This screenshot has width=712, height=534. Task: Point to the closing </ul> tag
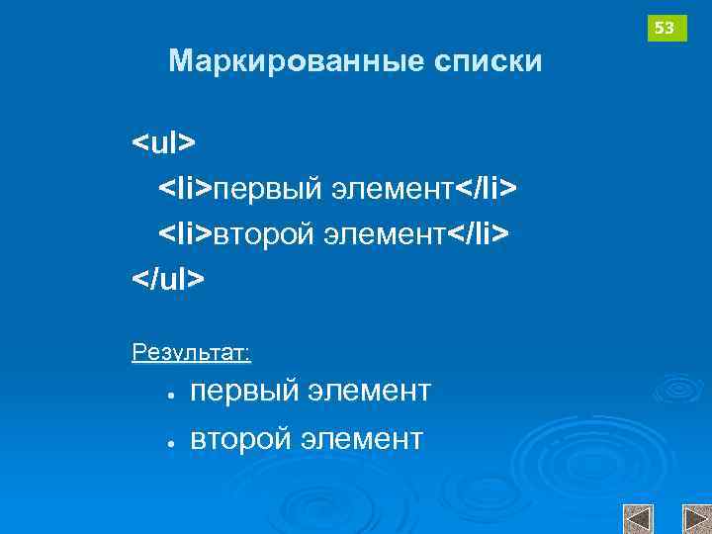click(x=169, y=280)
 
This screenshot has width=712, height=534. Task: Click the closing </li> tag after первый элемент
click(x=487, y=188)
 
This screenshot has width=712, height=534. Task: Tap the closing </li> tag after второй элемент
click(x=480, y=234)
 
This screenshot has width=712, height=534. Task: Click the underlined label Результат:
click(x=191, y=353)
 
